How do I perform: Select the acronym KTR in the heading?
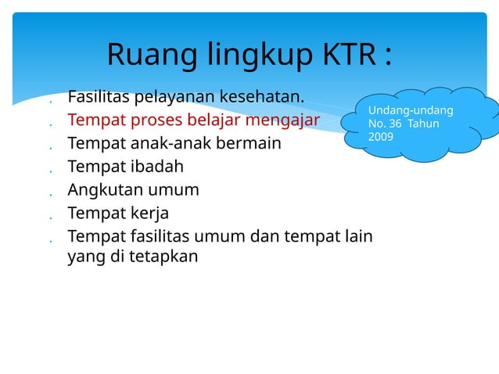[x=348, y=55]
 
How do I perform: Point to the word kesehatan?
[x=263, y=98]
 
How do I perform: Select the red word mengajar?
[x=284, y=120]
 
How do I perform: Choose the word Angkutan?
[x=104, y=189]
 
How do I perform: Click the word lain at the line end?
[x=357, y=236]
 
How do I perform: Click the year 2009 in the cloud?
[x=381, y=137]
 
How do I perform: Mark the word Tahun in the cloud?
[x=424, y=124]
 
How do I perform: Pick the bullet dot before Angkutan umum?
[x=49, y=193]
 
